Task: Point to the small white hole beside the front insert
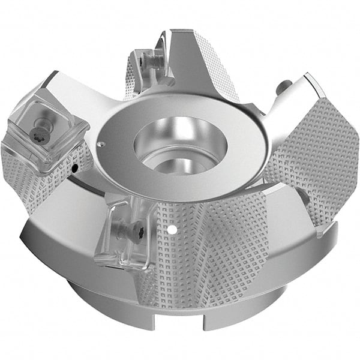[x=172, y=229]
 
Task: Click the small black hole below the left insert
[x=73, y=169]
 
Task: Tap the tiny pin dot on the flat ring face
[x=102, y=143]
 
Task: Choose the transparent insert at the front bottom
[x=123, y=234]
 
